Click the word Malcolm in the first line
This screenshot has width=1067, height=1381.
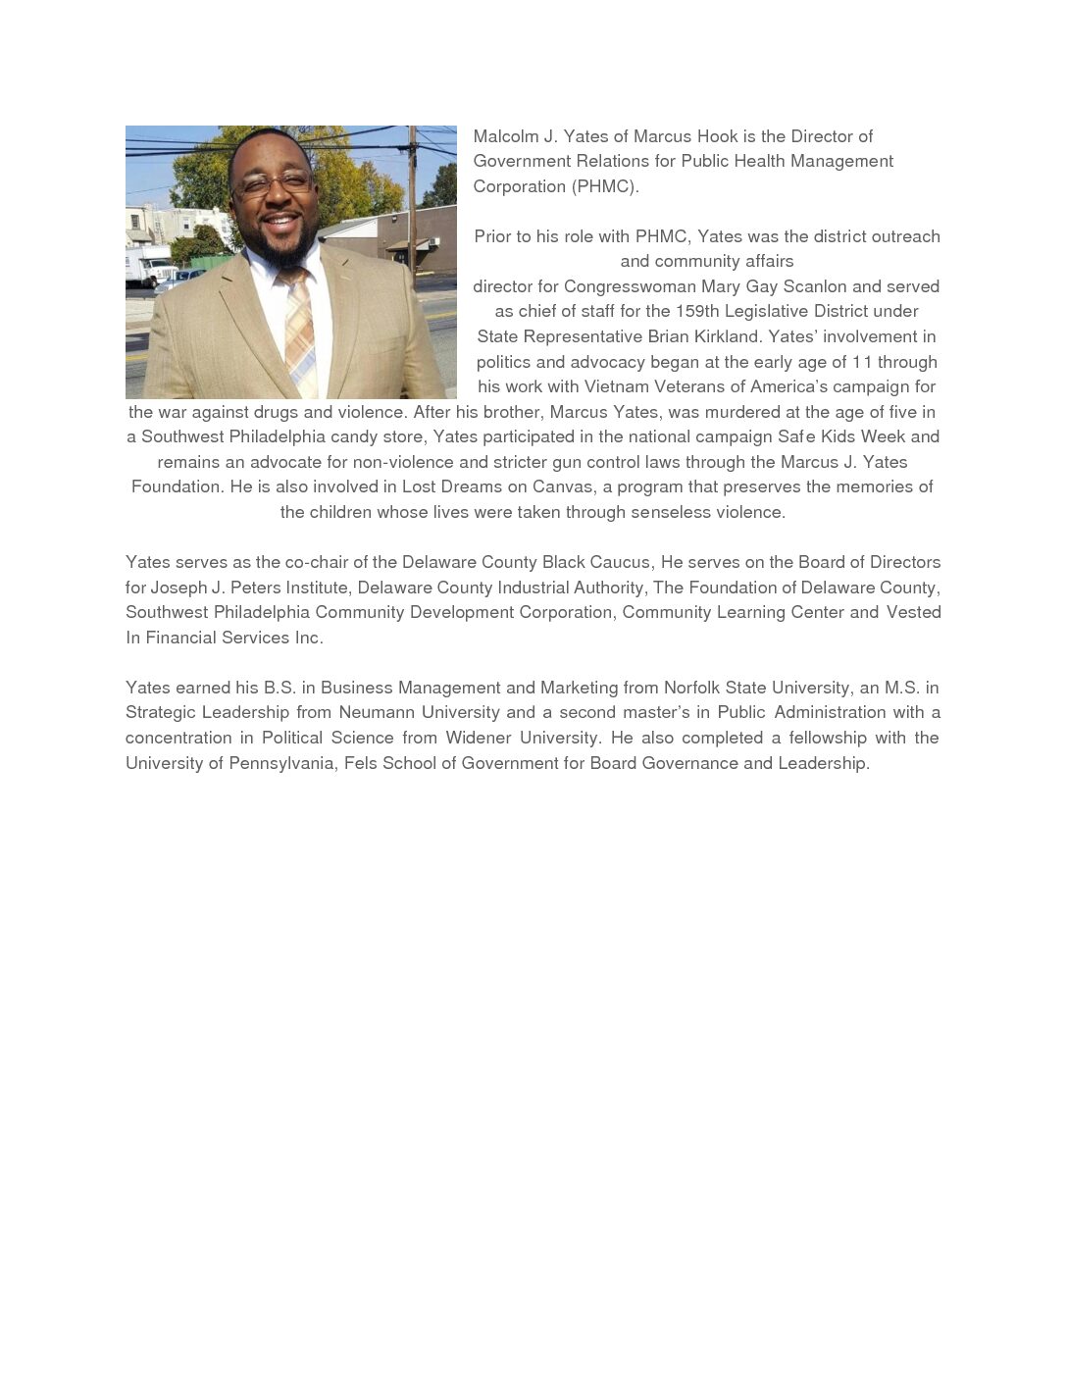pos(505,136)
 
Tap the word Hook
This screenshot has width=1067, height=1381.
pos(718,136)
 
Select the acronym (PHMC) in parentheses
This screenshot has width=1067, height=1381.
pos(605,186)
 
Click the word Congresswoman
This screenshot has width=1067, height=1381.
pos(630,286)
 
